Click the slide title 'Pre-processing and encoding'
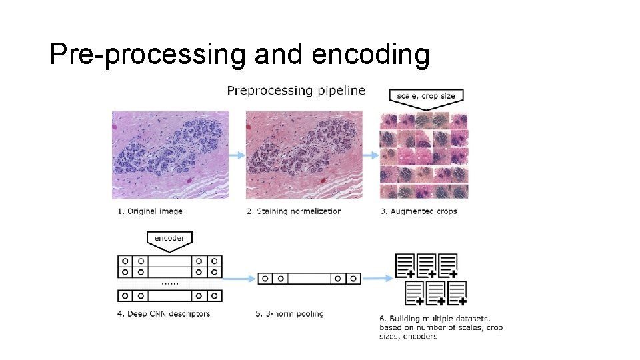click(x=239, y=55)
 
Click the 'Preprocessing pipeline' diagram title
click(x=296, y=91)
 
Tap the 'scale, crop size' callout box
click(x=426, y=96)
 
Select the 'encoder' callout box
click(x=169, y=239)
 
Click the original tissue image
click(x=170, y=155)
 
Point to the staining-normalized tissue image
click(x=304, y=155)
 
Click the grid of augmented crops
click(x=424, y=155)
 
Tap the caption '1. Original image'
click(x=150, y=211)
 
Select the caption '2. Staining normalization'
click(x=294, y=211)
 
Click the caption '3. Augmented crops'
click(x=419, y=211)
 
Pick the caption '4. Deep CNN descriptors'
click(x=163, y=314)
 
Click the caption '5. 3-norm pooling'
click(x=290, y=314)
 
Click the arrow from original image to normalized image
click(x=237, y=155)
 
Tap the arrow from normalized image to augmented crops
click(x=371, y=155)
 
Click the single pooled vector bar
click(x=309, y=278)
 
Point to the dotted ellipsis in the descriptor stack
click(x=169, y=283)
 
